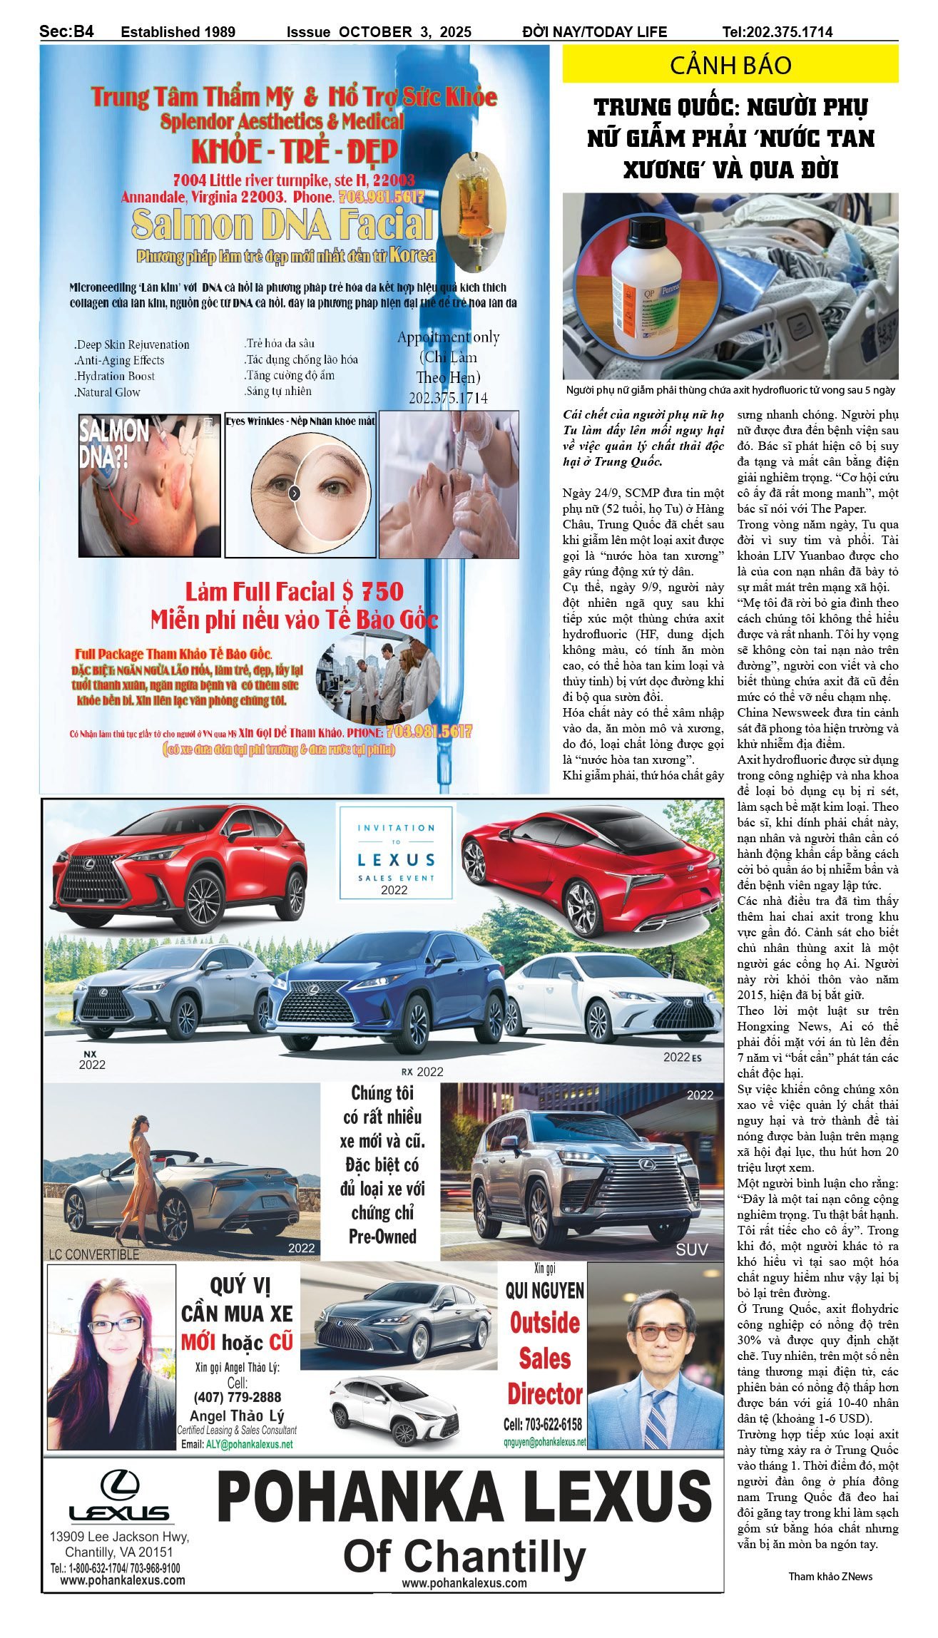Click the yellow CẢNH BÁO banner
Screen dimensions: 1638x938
[730, 65]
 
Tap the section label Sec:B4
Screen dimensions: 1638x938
[66, 31]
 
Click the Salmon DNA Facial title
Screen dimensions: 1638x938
[282, 224]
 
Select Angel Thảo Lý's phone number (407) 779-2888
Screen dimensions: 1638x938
[237, 1397]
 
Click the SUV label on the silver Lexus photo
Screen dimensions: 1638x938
[691, 1249]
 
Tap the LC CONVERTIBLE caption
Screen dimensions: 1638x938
[94, 1254]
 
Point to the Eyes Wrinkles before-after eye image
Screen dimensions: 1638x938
[300, 491]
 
